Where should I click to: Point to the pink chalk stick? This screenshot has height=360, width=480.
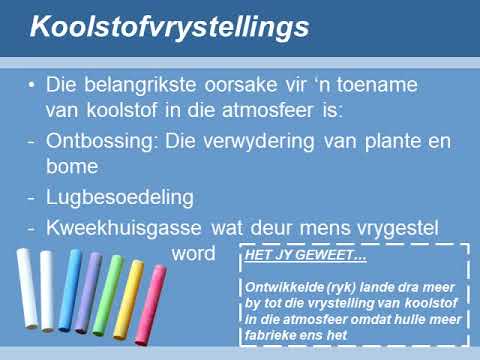point(151,304)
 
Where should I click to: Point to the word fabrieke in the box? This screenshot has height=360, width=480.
point(272,336)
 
